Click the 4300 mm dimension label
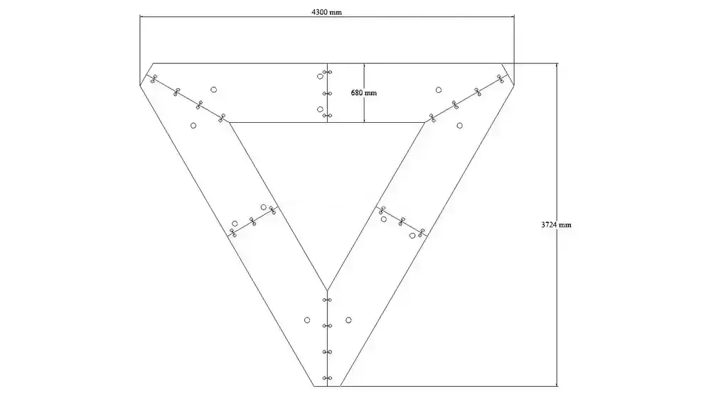click(326, 12)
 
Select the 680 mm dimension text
click(363, 93)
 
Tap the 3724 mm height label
click(556, 224)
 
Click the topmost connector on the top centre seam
click(327, 72)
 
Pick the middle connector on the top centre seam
click(327, 94)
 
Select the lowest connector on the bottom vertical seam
click(327, 378)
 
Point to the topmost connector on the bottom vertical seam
click(327, 300)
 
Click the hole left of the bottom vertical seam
click(307, 320)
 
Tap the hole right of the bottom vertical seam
click(348, 320)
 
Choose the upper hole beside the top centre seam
click(320, 77)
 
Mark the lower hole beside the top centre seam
click(320, 109)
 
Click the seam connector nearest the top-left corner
click(154, 79)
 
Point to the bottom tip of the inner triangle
click(327, 289)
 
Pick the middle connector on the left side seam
click(253, 221)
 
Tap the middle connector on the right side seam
click(402, 221)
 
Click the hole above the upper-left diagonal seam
click(213, 89)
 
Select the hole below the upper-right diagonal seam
click(460, 126)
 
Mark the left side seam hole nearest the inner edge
click(264, 207)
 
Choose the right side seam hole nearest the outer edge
click(412, 236)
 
